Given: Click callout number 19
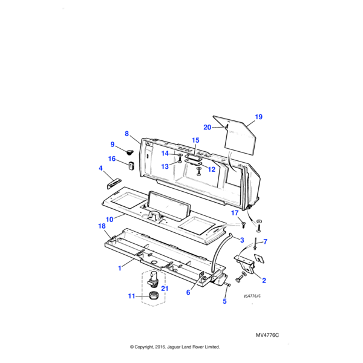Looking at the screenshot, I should tap(258, 117).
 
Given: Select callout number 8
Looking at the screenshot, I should tap(127, 134).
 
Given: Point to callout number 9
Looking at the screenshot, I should tap(112, 144).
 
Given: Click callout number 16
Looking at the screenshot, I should tap(112, 159).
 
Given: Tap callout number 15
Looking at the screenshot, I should tap(195, 140).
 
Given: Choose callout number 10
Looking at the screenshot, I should tap(110, 219).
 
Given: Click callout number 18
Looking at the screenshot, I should tap(102, 226).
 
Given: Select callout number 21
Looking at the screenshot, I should tap(164, 289).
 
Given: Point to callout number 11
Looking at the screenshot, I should tap(132, 296).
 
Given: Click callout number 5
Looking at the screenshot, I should tap(224, 301).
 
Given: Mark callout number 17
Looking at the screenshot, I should tap(235, 212).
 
